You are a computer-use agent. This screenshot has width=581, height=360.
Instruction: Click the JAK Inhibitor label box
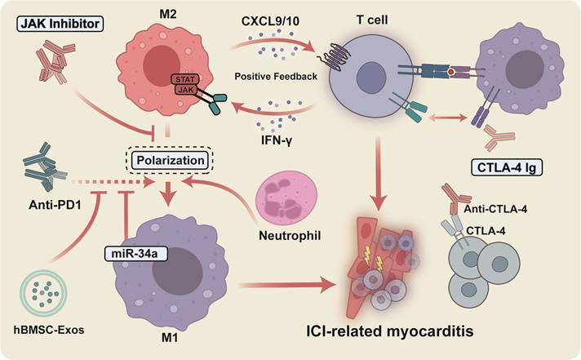pos(60,24)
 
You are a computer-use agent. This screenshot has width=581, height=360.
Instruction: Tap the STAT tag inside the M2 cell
pos(185,79)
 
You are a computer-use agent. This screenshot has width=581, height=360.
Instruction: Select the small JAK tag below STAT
pos(186,90)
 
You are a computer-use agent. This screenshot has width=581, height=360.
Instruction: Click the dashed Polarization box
pos(171,160)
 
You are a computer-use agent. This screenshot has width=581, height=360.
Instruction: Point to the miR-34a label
pos(135,254)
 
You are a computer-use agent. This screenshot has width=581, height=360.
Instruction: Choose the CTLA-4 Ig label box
pos(507,167)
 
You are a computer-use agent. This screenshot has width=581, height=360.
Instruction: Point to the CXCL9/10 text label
pos(270,21)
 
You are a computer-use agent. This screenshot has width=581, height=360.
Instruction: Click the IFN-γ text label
pos(277,140)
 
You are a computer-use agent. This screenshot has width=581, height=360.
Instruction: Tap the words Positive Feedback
pos(276,77)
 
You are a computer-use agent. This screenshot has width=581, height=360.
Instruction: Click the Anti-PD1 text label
pos(55,204)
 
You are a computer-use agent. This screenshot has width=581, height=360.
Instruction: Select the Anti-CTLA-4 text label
pos(495,210)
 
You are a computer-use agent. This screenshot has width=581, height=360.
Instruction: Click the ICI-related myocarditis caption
pos(390,331)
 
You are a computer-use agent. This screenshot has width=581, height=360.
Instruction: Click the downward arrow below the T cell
pos(379,172)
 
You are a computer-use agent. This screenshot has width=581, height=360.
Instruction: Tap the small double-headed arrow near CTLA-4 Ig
pos(447,118)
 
